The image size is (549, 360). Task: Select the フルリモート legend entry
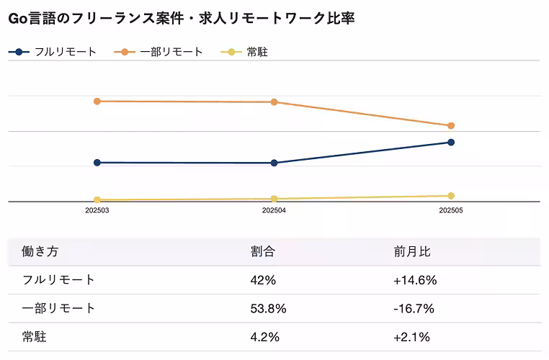click(53, 52)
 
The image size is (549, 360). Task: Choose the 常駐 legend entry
click(248, 52)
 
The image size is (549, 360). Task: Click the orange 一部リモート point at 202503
click(97, 102)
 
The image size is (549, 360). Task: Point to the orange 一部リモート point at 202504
click(274, 102)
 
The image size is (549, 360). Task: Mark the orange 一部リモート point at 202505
click(451, 126)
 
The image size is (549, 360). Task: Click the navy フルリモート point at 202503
click(97, 163)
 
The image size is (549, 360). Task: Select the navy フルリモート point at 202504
click(274, 163)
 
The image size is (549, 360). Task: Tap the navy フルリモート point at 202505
click(451, 143)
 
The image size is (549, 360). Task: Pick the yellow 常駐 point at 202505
click(451, 196)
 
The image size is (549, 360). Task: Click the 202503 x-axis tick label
click(97, 211)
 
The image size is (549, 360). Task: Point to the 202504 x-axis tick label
click(274, 211)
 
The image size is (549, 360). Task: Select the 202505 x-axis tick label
click(451, 211)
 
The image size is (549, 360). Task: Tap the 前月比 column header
click(412, 252)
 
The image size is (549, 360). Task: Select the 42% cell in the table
click(262, 280)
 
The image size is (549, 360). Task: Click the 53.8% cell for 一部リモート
click(268, 308)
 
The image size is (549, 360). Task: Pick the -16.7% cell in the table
click(414, 308)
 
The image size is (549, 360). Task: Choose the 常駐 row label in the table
click(35, 336)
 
